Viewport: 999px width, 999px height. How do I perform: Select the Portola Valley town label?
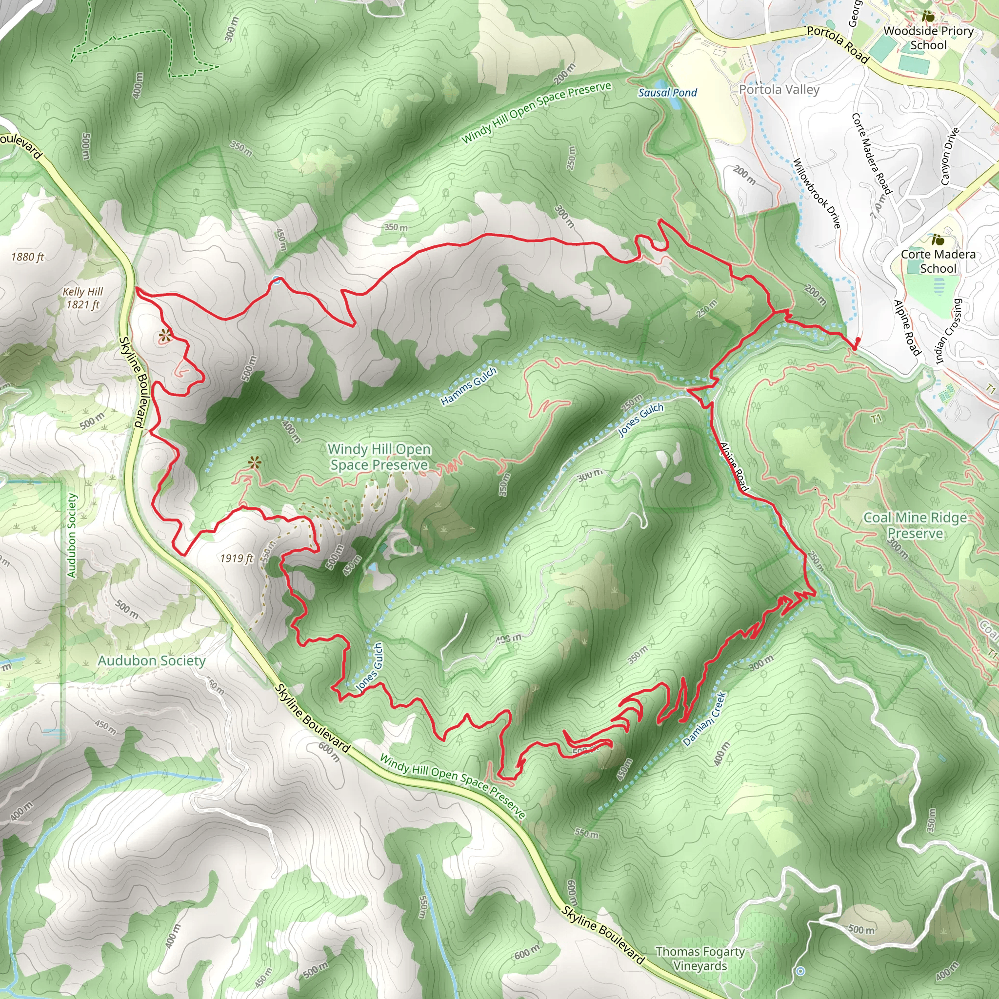point(779,89)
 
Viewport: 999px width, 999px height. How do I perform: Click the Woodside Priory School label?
point(928,38)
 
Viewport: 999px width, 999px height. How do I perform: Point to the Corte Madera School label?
point(938,261)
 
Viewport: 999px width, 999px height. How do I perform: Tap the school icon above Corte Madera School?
point(938,240)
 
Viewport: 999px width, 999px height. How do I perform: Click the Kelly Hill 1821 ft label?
point(83,298)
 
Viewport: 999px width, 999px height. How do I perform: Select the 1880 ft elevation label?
point(28,257)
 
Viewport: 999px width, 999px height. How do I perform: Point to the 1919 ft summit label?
point(237,558)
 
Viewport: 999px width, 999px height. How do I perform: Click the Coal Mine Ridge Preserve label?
point(915,525)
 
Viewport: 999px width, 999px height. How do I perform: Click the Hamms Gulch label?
point(468,386)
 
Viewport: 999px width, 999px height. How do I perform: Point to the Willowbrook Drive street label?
point(817,193)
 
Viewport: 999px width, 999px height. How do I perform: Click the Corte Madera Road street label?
point(871,154)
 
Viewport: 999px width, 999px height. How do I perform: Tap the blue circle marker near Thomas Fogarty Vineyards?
point(800,971)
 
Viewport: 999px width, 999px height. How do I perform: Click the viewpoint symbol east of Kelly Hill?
point(164,336)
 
